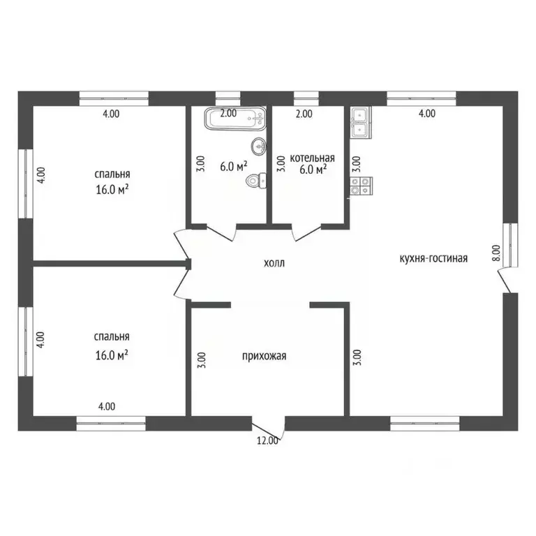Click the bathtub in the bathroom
[x=235, y=118]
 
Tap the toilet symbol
[x=257, y=180]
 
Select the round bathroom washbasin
[x=259, y=147]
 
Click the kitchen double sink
[x=360, y=122]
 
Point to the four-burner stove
[x=361, y=186]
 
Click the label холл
[x=274, y=263]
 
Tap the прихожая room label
[x=264, y=356]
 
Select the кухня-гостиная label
[x=433, y=258]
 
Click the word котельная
[x=312, y=158]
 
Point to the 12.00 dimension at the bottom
[x=267, y=441]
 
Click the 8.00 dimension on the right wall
[x=496, y=253]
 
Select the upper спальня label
[x=112, y=174]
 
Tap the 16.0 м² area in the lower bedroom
[x=112, y=355]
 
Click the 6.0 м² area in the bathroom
[x=234, y=167]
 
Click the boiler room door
[x=306, y=232]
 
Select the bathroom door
[x=221, y=232]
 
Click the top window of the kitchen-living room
[x=422, y=98]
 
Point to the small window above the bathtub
[x=228, y=98]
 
